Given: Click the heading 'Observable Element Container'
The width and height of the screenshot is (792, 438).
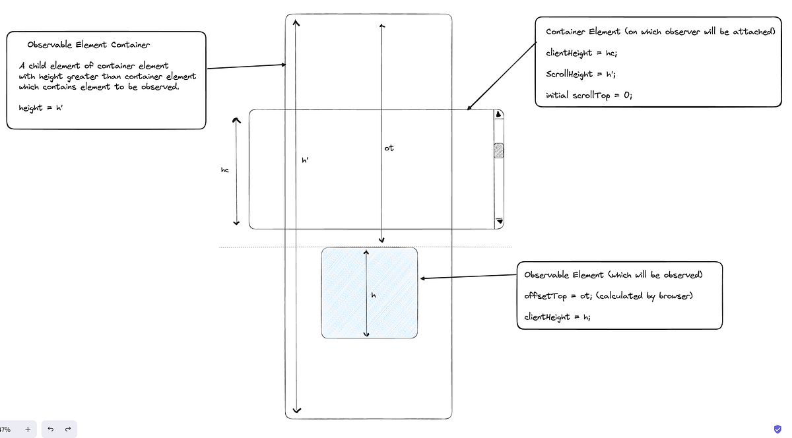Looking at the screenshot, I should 88,45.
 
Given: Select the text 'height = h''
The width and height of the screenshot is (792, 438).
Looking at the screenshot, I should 40,108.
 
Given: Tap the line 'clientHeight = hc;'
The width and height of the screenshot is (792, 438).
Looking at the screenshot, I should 581,53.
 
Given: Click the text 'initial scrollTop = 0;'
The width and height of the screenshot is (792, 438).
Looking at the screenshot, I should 589,96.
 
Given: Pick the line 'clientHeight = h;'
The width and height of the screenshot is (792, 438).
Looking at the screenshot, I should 557,317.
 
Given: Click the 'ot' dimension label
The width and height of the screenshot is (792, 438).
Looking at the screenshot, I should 389,148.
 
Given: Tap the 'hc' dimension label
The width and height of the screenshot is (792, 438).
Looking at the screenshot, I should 224,170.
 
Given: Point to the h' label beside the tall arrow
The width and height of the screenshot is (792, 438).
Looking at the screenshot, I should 305,160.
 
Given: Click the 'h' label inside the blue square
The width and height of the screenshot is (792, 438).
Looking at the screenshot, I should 374,296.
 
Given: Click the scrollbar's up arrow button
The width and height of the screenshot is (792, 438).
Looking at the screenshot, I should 499,114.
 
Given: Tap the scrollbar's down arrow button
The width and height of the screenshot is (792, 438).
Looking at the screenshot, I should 499,222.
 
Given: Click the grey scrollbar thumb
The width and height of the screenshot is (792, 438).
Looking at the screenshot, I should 499,150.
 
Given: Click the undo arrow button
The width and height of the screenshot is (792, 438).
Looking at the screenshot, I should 51,429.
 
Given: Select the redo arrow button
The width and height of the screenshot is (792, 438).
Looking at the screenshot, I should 68,429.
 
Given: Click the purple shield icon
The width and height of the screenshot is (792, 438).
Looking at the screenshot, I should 777,429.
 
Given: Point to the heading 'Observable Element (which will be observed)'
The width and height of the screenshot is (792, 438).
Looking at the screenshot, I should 614,274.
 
